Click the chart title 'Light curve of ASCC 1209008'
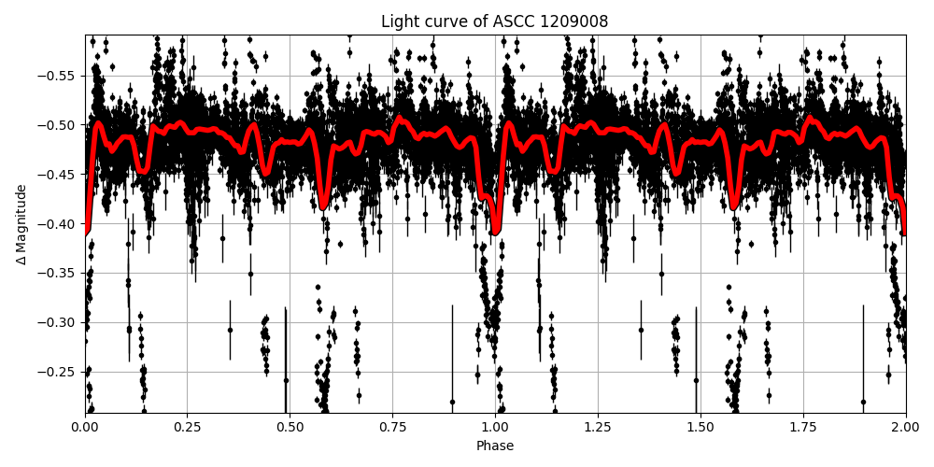(x=494, y=21)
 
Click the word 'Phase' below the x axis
(x=495, y=446)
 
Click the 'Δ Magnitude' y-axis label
(x=21, y=224)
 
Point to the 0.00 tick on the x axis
(x=85, y=427)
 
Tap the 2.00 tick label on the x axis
(x=905, y=427)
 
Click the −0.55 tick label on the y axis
(x=58, y=76)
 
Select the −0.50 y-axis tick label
(x=58, y=125)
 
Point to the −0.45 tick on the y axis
(x=58, y=175)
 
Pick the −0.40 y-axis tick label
(x=58, y=224)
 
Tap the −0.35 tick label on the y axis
(x=58, y=274)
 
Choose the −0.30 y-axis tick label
(x=58, y=322)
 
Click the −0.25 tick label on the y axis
(x=58, y=372)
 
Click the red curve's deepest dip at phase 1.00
(x=496, y=232)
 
